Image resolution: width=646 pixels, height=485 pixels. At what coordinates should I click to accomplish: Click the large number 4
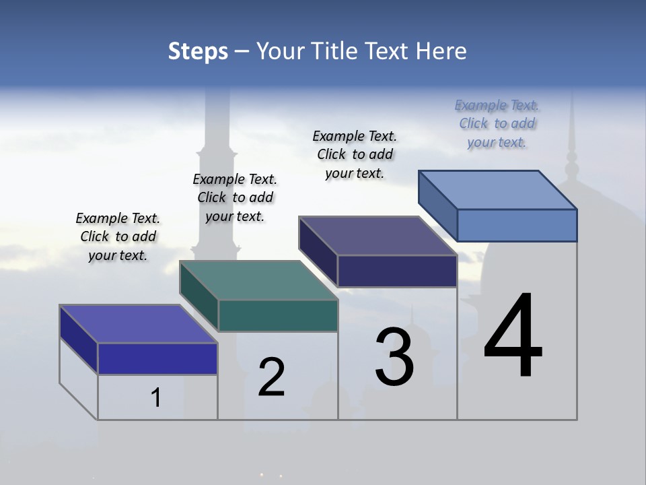[513, 336]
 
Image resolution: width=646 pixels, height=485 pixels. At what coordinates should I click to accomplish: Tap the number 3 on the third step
[395, 357]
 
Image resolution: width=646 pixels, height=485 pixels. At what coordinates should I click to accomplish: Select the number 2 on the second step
[272, 377]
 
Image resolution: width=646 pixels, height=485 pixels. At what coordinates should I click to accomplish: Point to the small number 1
[156, 398]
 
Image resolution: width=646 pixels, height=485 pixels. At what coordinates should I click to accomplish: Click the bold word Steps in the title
[198, 51]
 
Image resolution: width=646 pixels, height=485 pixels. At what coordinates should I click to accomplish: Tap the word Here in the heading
[441, 51]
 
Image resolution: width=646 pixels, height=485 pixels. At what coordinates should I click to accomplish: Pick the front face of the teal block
[278, 315]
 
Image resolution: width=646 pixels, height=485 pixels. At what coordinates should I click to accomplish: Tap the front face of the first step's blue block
[157, 358]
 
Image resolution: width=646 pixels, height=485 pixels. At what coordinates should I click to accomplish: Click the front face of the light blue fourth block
[517, 225]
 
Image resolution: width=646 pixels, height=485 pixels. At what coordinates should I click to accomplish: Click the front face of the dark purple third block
[397, 271]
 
